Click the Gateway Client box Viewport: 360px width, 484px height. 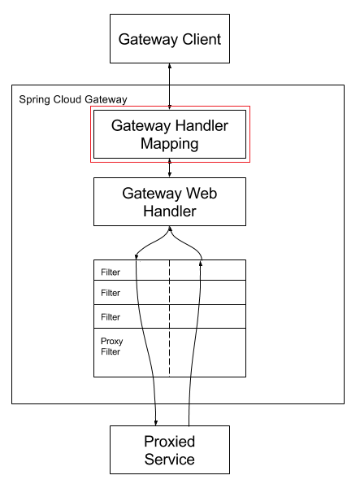[x=170, y=38]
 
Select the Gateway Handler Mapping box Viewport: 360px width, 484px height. [x=170, y=134]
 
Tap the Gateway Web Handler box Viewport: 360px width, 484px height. [x=170, y=202]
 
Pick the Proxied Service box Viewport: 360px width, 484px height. [x=170, y=450]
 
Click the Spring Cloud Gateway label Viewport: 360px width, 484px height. [x=73, y=100]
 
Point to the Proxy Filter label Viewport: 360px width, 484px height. [x=111, y=347]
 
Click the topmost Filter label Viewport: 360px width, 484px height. [x=111, y=273]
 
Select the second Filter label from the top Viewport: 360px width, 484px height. [x=111, y=293]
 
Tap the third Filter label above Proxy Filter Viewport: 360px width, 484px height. [x=111, y=317]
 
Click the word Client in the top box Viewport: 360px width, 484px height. [x=202, y=39]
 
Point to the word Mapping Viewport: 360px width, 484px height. [x=169, y=145]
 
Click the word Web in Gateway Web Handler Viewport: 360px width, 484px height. [x=202, y=194]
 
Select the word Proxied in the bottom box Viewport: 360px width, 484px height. [x=169, y=442]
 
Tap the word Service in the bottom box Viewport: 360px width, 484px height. [x=169, y=460]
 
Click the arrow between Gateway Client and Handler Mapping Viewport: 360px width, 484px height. [x=169, y=86]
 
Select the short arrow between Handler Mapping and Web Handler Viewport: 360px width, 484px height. [x=169, y=168]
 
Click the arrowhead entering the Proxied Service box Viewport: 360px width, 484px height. [x=156, y=423]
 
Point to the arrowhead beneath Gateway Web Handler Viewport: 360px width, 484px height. [x=169, y=229]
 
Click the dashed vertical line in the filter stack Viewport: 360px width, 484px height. [x=169, y=318]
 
